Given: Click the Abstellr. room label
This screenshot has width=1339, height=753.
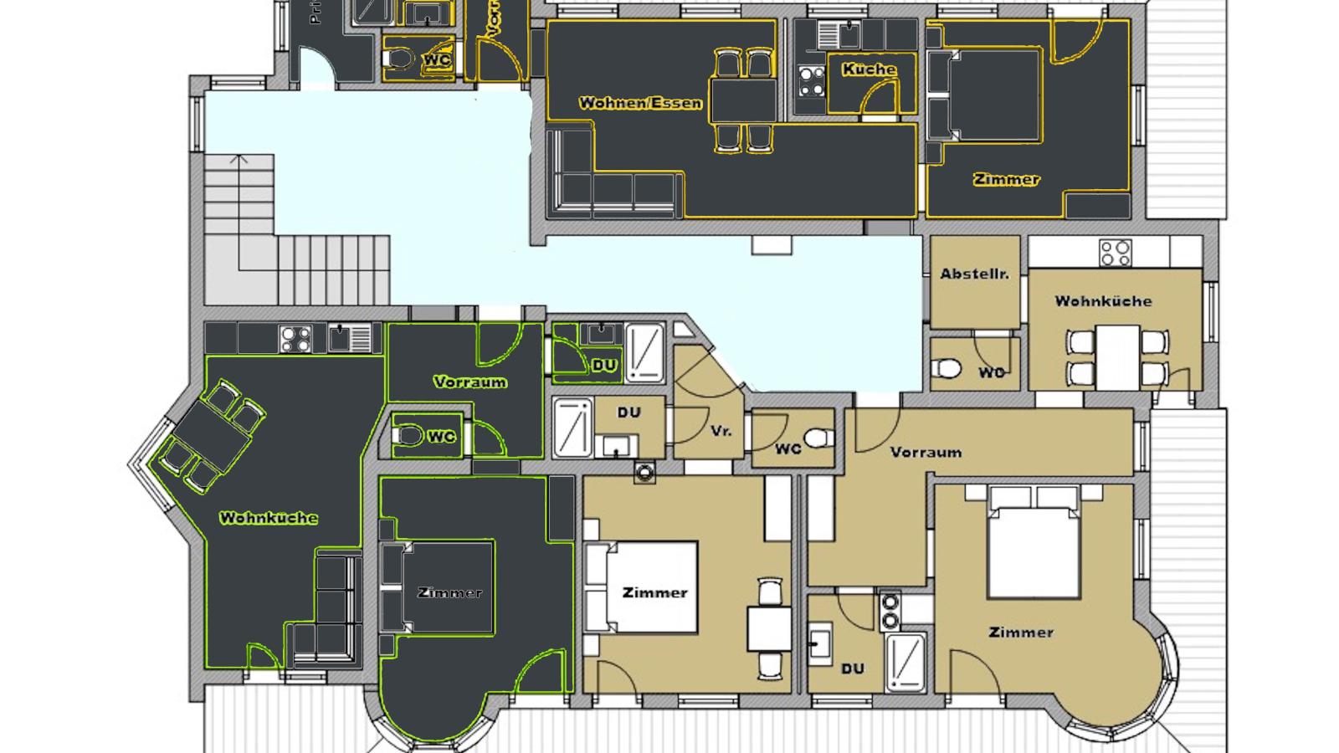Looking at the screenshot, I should coord(974,274).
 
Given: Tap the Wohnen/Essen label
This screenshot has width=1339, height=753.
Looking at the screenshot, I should coord(640,104).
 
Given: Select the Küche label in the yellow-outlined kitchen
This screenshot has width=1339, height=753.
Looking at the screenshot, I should coord(869,69).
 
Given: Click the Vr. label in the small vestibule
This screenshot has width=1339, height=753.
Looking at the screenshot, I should coord(721,431).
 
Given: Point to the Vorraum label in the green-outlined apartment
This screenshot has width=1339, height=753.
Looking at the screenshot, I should coord(469,382).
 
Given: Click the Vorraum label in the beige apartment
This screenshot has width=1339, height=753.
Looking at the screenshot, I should coord(926,452).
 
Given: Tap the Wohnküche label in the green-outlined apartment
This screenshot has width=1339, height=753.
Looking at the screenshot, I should coord(269,518).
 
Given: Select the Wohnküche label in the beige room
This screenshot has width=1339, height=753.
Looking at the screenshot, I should coord(1103,300).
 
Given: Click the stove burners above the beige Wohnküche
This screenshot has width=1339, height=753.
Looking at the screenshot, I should coord(1115,252).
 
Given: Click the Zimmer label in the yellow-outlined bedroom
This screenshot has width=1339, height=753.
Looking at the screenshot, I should coord(1006,179).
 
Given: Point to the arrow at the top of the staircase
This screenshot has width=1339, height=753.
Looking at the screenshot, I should coord(239,158).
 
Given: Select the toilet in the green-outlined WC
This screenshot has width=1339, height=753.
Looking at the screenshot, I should coord(408,437).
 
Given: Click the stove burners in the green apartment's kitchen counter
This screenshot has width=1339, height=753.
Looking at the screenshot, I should coord(295,339).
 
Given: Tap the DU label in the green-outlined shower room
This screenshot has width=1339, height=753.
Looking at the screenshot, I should coord(603,366).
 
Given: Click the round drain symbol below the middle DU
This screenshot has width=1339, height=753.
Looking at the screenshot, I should coord(644,472).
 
